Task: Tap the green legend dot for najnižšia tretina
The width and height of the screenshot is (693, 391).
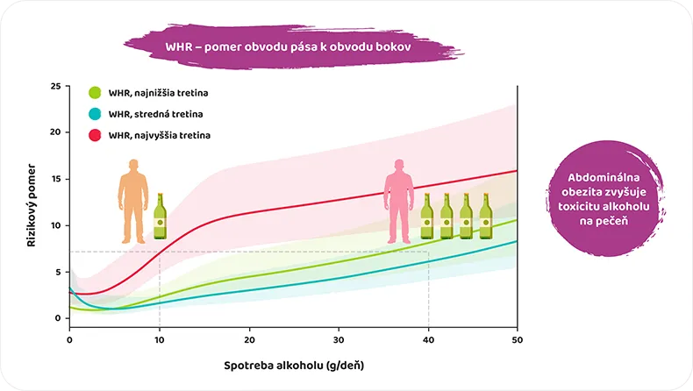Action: [96, 92]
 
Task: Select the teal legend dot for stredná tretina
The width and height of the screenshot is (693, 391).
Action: [96, 114]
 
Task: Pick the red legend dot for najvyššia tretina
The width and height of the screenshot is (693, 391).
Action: [96, 136]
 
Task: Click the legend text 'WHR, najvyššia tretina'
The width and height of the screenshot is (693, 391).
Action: [160, 136]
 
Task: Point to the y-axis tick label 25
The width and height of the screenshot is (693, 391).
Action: [55, 87]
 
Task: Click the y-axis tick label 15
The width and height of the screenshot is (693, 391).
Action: [55, 179]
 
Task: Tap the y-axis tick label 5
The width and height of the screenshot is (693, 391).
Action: [58, 272]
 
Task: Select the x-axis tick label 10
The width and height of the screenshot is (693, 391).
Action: [159, 338]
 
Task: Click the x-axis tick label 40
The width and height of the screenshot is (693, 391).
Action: [428, 338]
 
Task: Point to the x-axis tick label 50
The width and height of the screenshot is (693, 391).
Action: [518, 338]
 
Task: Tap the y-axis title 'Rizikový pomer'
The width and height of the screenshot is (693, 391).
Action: [32, 203]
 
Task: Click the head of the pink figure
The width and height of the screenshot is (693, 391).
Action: [400, 165]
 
